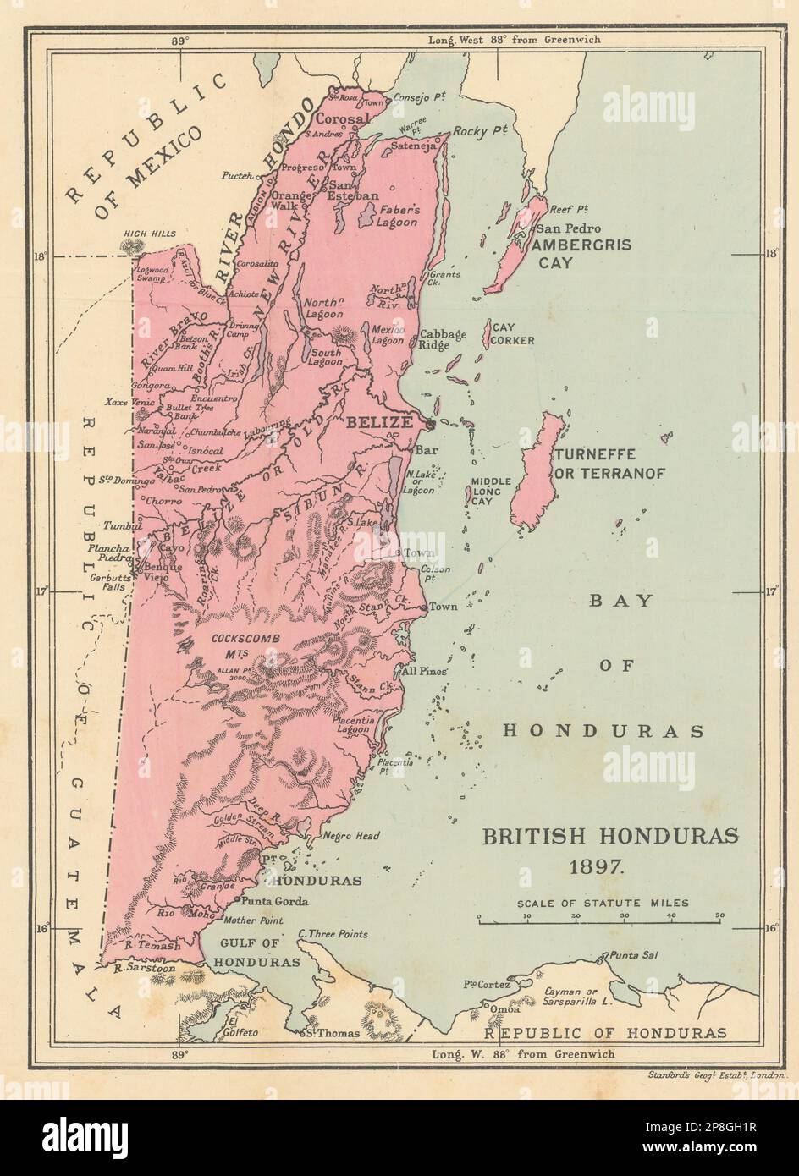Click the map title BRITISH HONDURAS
610,836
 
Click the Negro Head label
351,835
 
